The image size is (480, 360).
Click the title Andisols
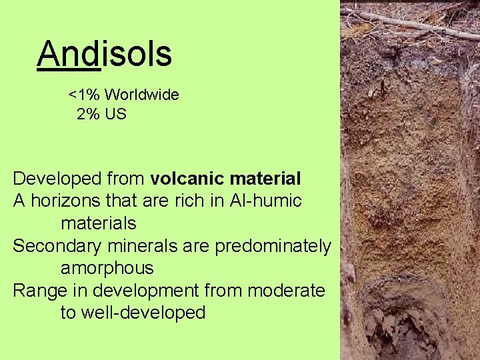(x=105, y=54)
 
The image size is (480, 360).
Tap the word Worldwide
(x=141, y=95)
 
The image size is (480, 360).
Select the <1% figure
(x=84, y=95)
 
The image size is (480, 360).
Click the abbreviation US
(x=115, y=114)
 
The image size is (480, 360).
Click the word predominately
(x=273, y=246)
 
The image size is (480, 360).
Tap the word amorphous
(x=107, y=269)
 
